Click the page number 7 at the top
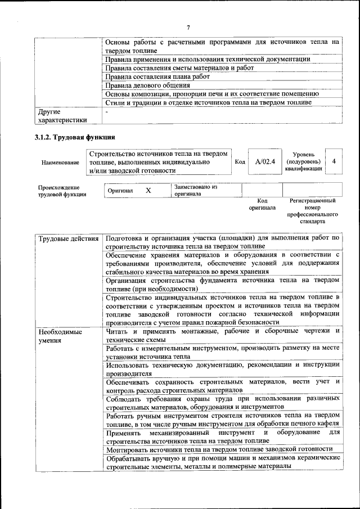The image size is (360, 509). [188, 28]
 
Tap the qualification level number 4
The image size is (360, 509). [334, 161]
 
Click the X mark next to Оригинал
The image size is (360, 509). [148, 191]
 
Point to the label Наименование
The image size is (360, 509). [60, 162]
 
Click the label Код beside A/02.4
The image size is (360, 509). [240, 162]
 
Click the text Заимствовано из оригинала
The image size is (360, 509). [196, 190]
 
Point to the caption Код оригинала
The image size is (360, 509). [262, 204]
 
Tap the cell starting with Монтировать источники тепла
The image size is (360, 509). [218, 448]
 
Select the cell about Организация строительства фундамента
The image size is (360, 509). [222, 283]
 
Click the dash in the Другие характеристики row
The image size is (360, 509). [106, 112]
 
